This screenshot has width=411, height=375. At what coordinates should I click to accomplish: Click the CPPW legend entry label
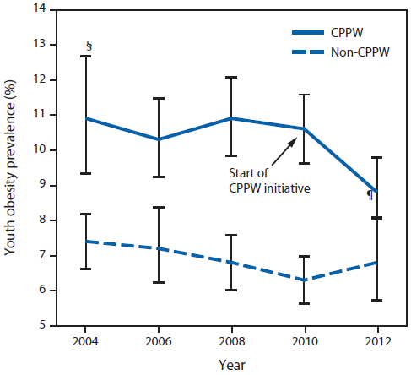pyautogui.click(x=352, y=30)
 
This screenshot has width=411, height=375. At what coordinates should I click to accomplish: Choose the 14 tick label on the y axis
pyautogui.click(x=40, y=9)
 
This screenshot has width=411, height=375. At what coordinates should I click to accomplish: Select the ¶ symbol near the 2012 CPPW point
pyautogui.click(x=369, y=195)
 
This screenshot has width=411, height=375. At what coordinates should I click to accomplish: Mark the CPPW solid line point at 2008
pyautogui.click(x=231, y=118)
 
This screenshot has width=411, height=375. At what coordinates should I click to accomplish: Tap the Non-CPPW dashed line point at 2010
pyautogui.click(x=304, y=280)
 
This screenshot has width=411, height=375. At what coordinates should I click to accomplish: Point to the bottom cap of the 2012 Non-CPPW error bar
pyautogui.click(x=376, y=300)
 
